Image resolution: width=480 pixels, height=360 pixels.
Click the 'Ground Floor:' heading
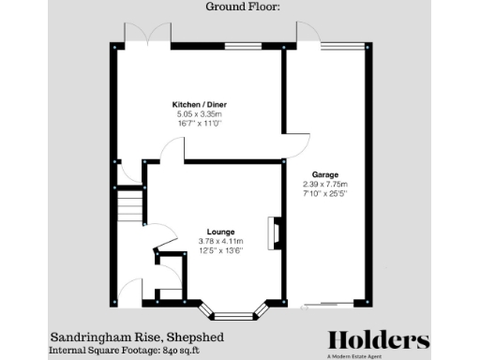(x=240, y=7)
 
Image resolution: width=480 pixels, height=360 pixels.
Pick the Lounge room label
(x=221, y=232)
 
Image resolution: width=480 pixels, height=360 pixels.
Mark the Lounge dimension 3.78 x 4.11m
(x=221, y=241)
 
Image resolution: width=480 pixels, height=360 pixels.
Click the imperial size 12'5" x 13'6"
(x=221, y=250)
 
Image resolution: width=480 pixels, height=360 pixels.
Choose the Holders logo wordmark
(x=379, y=339)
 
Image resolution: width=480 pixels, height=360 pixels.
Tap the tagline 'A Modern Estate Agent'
(x=379, y=356)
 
